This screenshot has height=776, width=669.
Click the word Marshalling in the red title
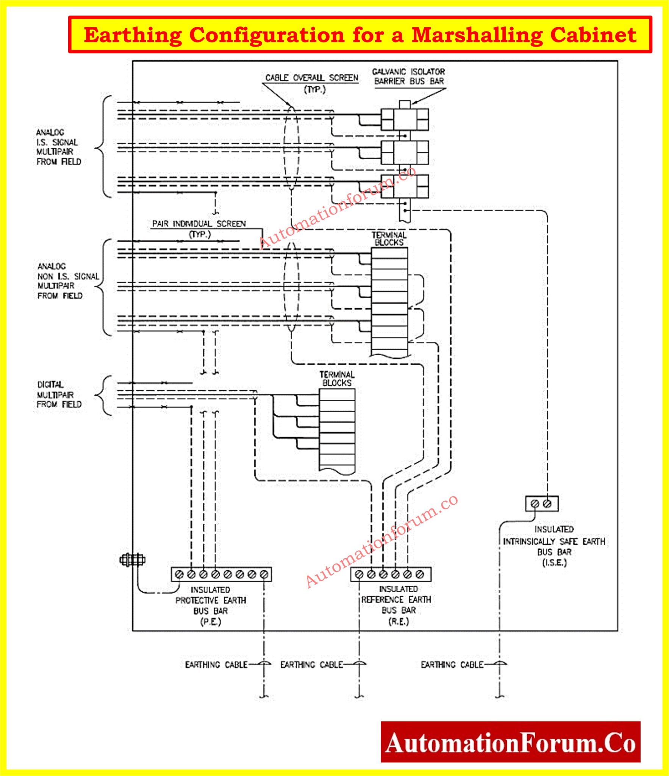477,35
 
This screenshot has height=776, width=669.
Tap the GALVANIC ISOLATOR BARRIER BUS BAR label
408,76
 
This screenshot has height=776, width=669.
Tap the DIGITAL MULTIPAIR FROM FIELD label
59,394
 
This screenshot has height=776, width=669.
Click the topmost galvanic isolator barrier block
405,119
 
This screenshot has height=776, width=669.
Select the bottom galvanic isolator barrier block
405,186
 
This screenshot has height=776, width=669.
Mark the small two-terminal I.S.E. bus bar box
542,504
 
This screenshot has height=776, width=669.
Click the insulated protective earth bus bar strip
221,574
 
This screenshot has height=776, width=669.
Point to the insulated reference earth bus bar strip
391,574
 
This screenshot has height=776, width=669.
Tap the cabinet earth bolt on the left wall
132,560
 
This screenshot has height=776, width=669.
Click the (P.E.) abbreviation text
210,622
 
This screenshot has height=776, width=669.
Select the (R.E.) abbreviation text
399,621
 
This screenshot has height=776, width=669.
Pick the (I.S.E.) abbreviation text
554,562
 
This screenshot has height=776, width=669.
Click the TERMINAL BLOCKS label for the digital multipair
337,379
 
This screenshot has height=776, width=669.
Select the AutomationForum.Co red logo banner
510,742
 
